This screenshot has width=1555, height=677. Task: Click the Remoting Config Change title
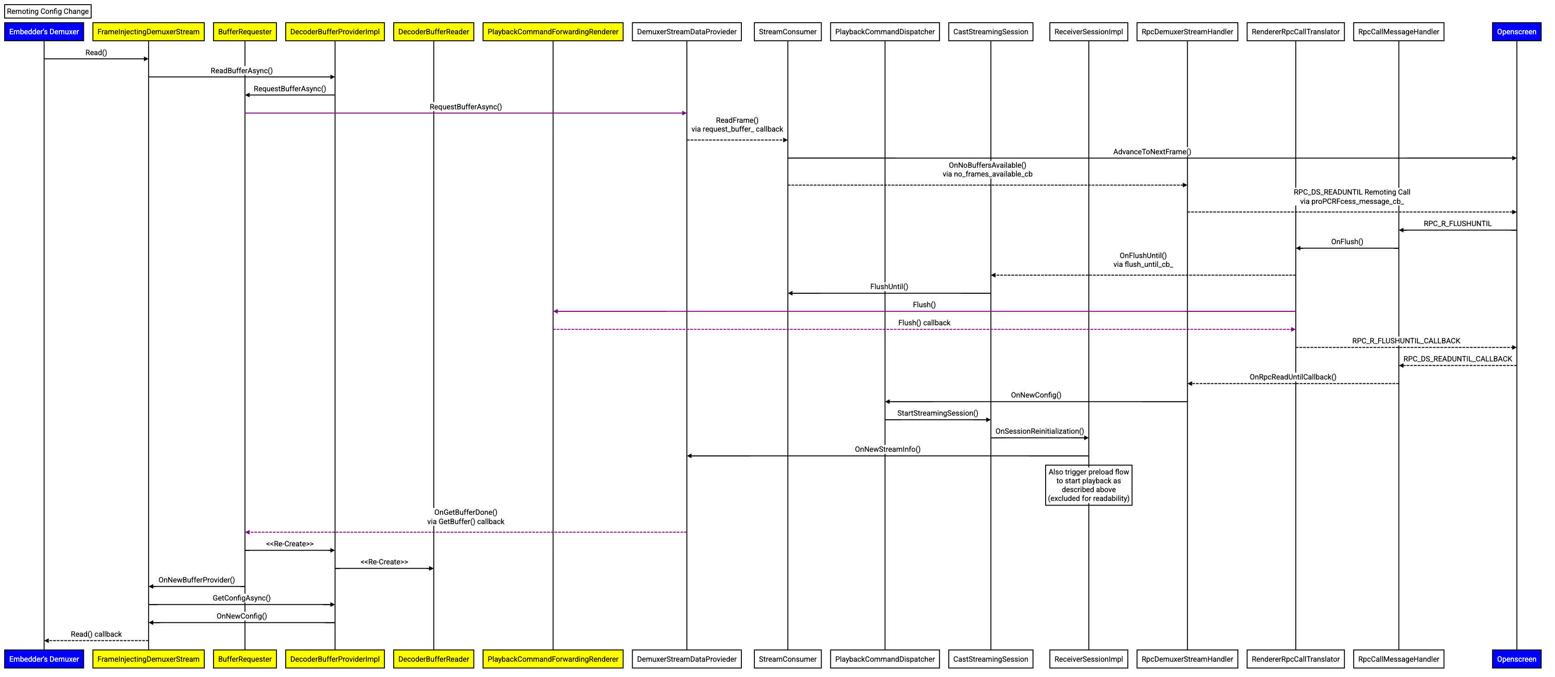pos(48,12)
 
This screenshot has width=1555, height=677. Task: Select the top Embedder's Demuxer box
pos(44,32)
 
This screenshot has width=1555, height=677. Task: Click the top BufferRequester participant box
pos(245,32)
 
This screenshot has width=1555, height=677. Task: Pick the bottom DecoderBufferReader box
pos(433,659)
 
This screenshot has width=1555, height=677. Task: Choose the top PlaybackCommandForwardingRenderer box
pos(552,32)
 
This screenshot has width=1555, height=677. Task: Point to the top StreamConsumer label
pos(787,32)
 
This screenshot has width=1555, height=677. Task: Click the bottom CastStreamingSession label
pos(990,659)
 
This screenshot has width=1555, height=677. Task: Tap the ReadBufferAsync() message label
pos(241,70)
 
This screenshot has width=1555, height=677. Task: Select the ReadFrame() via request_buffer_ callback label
pos(737,124)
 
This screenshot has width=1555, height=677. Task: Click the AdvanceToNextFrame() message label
pos(1152,152)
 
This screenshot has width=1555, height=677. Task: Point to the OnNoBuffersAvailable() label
pos(987,170)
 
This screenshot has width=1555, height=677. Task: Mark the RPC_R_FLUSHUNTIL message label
pos(1457,223)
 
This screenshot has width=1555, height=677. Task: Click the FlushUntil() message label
pos(889,287)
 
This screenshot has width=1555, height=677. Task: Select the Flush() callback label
pos(923,323)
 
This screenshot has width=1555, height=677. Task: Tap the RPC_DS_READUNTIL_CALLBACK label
pos(1457,359)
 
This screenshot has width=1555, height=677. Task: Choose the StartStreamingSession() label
pos(937,413)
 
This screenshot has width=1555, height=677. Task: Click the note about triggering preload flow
pos(1088,485)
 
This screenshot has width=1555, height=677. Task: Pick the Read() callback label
pos(96,634)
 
